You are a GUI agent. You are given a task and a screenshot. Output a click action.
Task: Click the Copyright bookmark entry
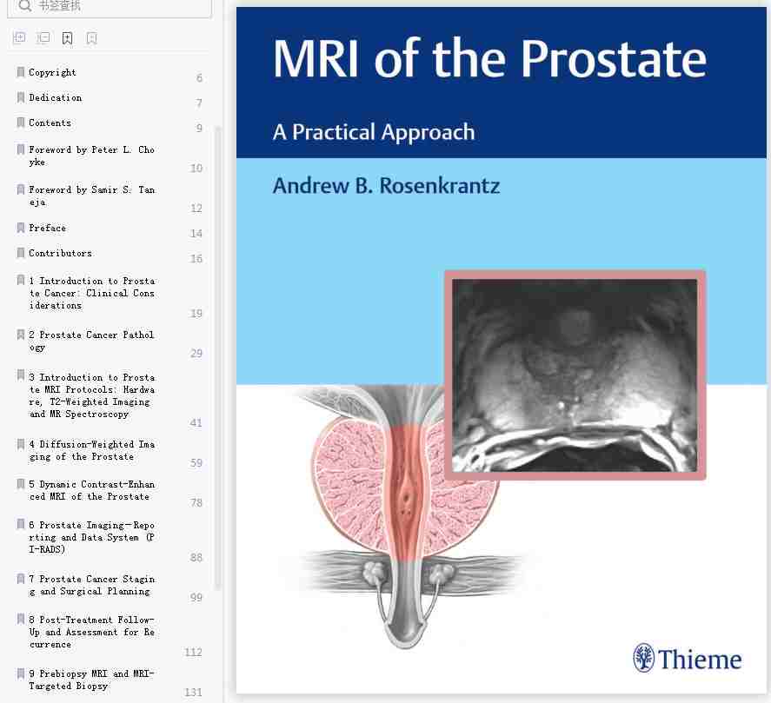tap(52, 72)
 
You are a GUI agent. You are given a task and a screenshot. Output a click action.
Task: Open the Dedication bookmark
tap(55, 97)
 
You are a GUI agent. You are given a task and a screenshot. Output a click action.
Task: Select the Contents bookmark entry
tap(50, 123)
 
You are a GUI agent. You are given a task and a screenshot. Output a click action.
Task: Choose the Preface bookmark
tap(47, 228)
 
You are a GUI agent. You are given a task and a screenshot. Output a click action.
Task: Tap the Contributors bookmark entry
tap(60, 253)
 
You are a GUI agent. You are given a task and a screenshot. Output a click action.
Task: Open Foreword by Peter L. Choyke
tap(91, 156)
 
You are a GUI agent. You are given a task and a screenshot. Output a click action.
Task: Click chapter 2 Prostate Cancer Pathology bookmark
tap(91, 341)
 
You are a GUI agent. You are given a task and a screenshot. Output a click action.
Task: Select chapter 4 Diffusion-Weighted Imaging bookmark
tap(91, 450)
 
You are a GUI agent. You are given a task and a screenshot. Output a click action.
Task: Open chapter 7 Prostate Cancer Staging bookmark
tap(91, 585)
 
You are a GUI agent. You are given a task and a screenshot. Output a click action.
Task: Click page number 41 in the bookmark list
tap(196, 423)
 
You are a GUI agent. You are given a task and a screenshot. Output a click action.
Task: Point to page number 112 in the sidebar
tap(193, 652)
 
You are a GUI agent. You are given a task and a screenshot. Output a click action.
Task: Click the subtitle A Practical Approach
tap(374, 132)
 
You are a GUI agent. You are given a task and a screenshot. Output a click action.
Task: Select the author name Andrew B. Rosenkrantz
tap(387, 186)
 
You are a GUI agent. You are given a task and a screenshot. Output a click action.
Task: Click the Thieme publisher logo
tap(688, 658)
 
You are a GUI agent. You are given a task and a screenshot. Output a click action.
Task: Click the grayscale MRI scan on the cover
tap(575, 375)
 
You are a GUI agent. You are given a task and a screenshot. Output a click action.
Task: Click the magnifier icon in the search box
tap(24, 6)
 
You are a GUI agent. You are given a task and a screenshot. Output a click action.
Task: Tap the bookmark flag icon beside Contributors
tap(21, 253)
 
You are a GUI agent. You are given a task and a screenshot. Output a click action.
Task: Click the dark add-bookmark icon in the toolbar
tap(67, 38)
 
